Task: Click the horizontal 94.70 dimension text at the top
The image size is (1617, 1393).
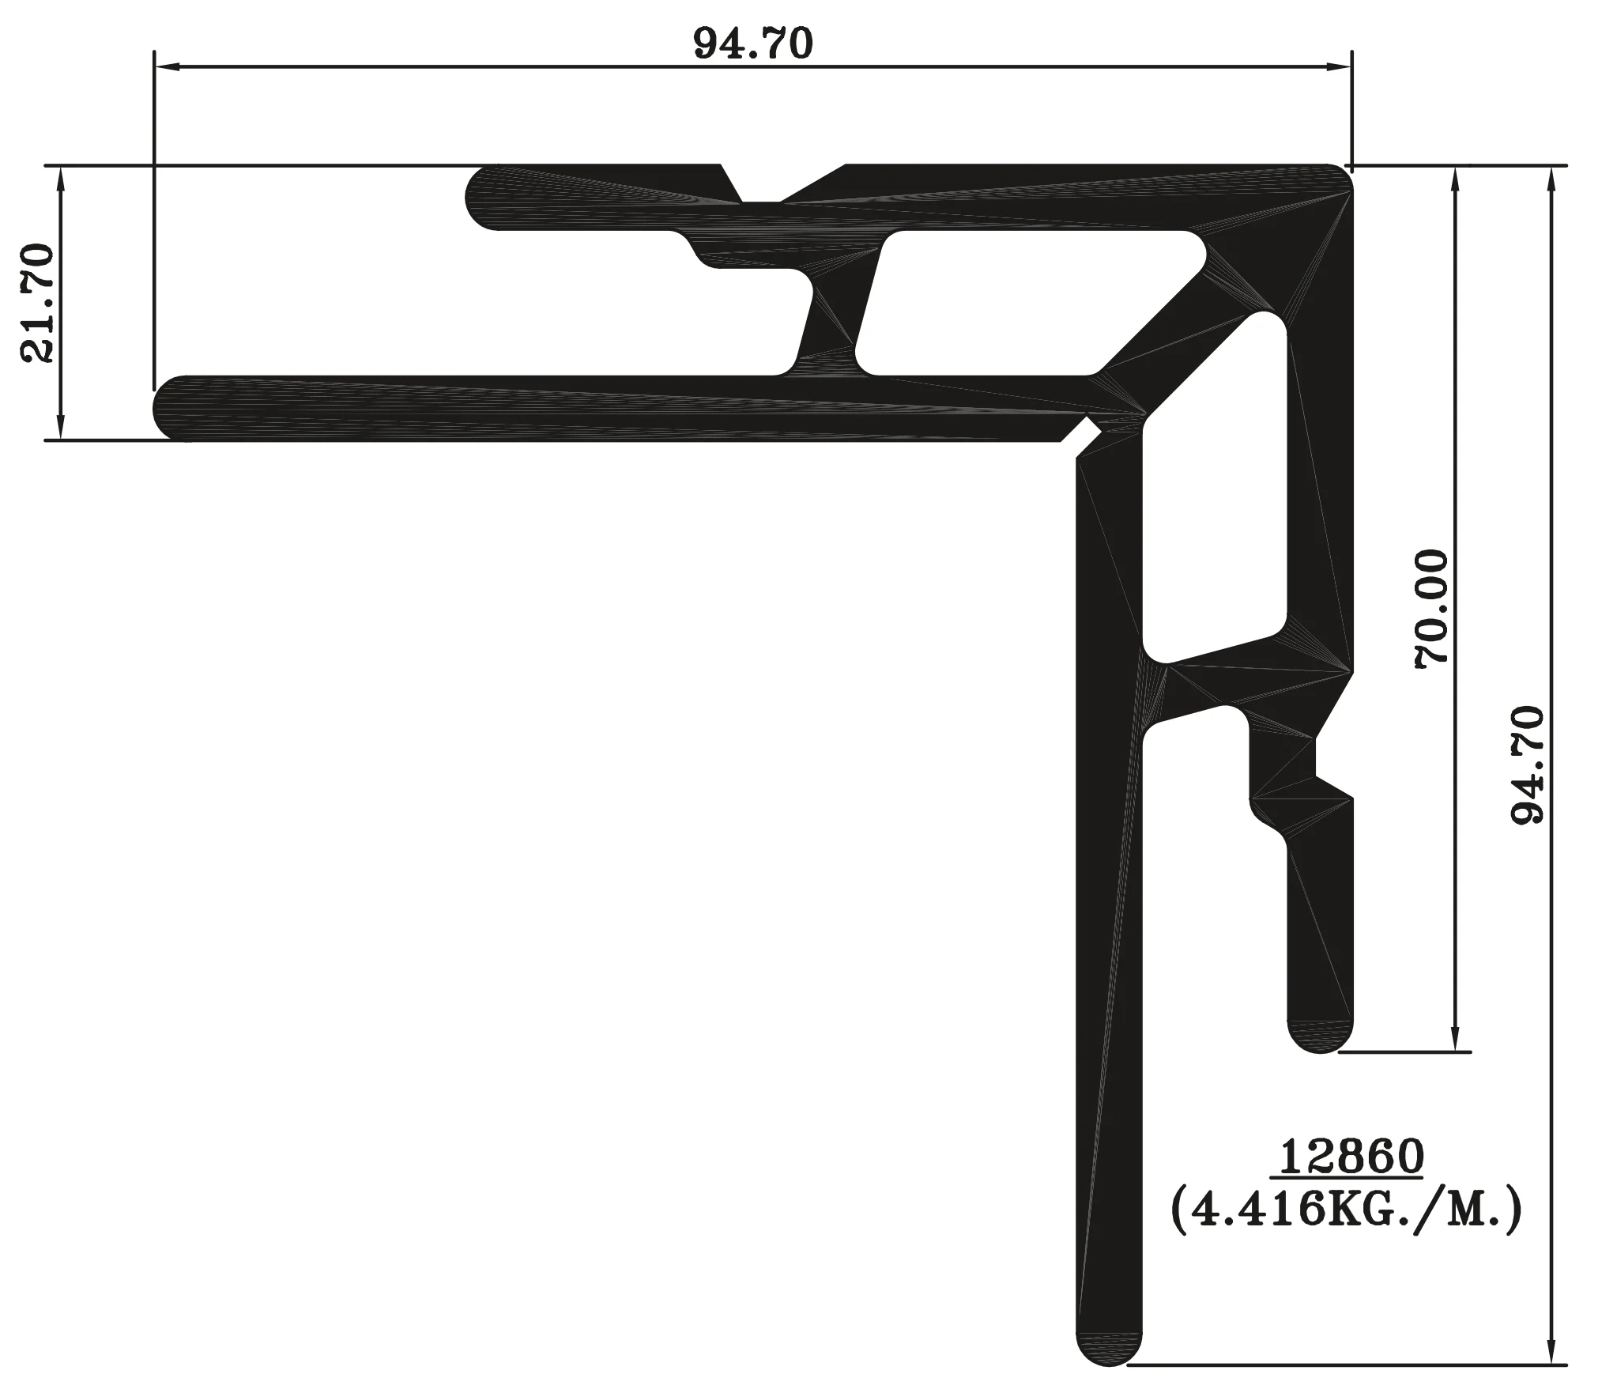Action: [753, 44]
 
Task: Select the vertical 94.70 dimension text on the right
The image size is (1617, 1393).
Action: [1527, 765]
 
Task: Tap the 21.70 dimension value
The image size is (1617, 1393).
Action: [37, 304]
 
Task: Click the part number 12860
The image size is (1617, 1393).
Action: [1351, 1157]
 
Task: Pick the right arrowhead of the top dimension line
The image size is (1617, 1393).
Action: [1337, 68]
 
